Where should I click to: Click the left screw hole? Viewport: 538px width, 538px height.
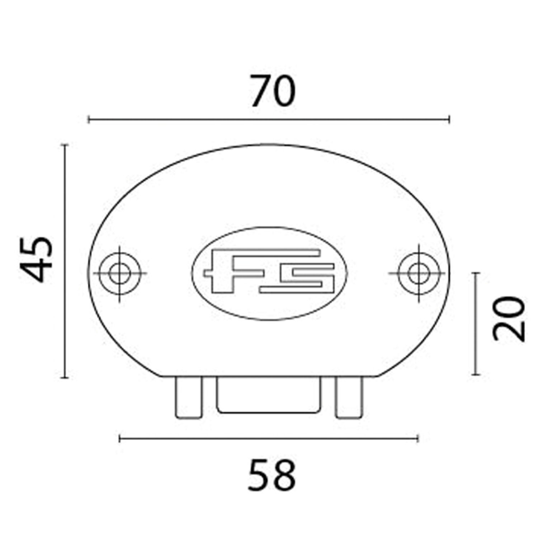pos(120,273)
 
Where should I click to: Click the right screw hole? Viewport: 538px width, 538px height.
pos(418,273)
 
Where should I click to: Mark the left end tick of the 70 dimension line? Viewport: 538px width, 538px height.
pos(89,119)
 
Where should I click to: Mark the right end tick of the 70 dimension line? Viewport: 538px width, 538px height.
pos(449,119)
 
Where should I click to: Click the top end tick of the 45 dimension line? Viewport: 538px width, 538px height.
pos(65,145)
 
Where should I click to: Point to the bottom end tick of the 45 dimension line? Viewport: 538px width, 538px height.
pos(65,377)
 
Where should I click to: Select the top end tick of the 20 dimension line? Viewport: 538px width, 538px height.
pos(476,273)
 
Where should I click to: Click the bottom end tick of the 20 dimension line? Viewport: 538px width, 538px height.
pos(476,374)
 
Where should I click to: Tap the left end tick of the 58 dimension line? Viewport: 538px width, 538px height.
pos(120,438)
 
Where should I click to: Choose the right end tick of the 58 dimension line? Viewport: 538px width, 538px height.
pos(418,438)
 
